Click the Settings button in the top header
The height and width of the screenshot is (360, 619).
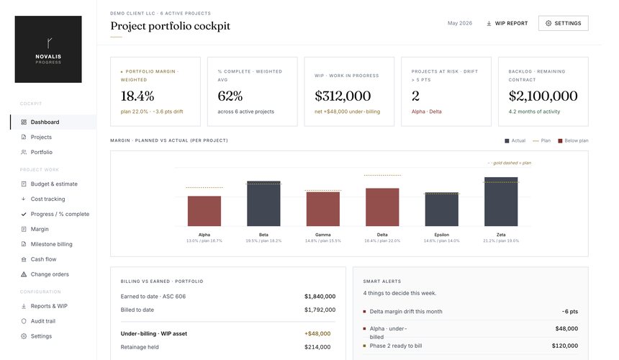coord(563,23)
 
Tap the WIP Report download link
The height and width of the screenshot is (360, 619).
coord(507,23)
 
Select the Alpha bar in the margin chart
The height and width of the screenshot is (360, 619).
coord(204,211)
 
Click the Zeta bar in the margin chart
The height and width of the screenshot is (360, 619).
coord(501,202)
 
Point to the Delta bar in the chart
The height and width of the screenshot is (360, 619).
coord(382,207)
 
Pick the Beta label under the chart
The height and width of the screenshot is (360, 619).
coord(263,235)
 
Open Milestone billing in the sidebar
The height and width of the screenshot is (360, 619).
coord(51,244)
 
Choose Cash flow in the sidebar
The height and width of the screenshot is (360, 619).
coord(43,259)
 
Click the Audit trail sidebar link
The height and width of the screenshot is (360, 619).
coord(43,321)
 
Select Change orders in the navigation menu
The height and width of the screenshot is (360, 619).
coord(50,274)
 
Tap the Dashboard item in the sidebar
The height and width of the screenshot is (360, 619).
coord(45,122)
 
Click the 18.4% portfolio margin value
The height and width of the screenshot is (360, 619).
coord(137,96)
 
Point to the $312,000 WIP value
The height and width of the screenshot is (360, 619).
coord(343,96)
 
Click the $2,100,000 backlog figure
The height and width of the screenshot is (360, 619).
coord(543,96)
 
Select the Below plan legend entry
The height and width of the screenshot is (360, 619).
coord(573,140)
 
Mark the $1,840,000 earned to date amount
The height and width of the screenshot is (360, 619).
coord(320,297)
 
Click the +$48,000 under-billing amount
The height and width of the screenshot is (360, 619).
coord(317,333)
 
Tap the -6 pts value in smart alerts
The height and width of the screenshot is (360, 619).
coord(569,312)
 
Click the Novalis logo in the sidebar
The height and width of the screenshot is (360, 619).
coord(48,50)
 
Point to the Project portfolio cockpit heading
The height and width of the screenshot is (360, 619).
coord(170,26)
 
